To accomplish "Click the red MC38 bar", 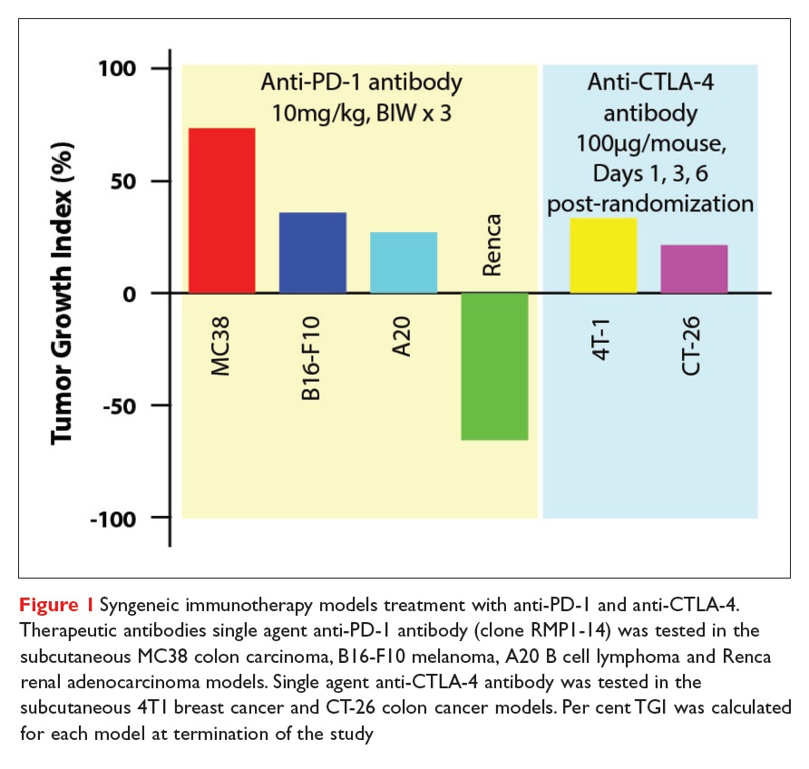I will pyautogui.click(x=221, y=210).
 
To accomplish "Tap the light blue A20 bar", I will pyautogui.click(x=404, y=262).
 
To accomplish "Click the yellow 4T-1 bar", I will pyautogui.click(x=603, y=255).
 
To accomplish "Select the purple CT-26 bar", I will pyautogui.click(x=694, y=268).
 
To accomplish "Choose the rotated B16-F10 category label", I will pyautogui.click(x=312, y=347).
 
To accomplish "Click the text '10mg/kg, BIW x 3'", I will pyautogui.click(x=361, y=116).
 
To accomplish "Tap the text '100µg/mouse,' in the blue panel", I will pyautogui.click(x=649, y=146).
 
